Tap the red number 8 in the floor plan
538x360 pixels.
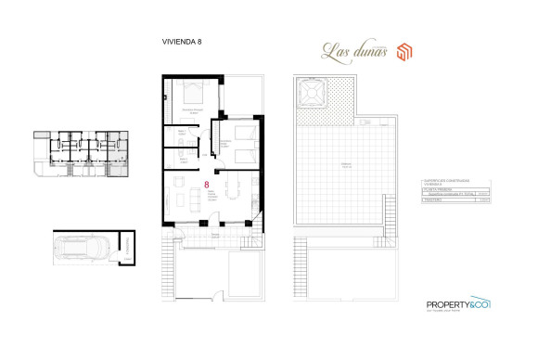205,185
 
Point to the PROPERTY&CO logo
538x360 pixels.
457,305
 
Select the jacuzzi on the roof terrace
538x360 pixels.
311,94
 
